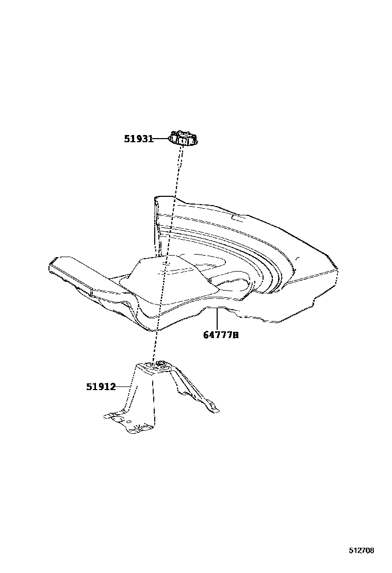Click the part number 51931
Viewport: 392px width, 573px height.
[x=138, y=139]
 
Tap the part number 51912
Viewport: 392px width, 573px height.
[x=101, y=386]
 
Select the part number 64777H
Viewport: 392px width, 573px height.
[x=221, y=335]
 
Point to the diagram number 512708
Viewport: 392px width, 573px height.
[x=361, y=550]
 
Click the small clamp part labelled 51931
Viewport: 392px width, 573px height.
[x=184, y=138]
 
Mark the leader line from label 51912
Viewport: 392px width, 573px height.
[x=123, y=386]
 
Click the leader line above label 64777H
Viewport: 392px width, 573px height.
[x=218, y=318]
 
